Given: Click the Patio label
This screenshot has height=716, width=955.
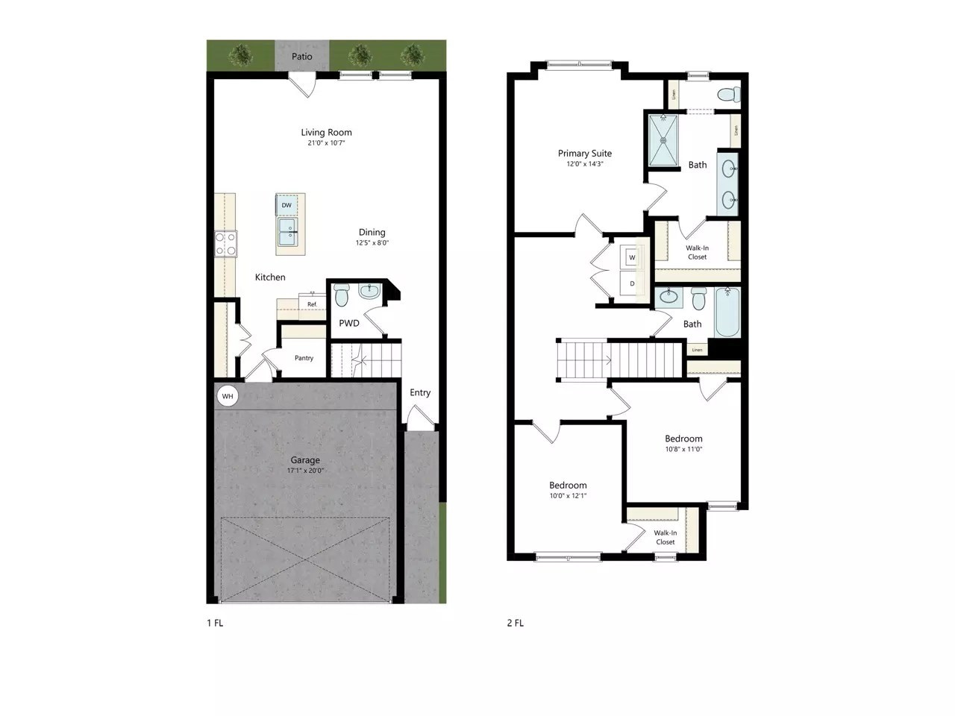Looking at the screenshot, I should [x=302, y=57].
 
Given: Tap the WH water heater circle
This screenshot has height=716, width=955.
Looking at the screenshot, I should [x=228, y=396].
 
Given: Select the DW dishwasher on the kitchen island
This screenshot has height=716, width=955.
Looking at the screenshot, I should [x=287, y=204].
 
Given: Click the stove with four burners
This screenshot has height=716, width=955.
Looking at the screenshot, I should [x=226, y=243].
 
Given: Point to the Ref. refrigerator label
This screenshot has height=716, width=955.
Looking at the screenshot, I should [x=313, y=304].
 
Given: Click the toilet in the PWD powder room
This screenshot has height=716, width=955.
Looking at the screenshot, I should [x=342, y=296].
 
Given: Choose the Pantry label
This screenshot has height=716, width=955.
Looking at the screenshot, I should [x=304, y=358].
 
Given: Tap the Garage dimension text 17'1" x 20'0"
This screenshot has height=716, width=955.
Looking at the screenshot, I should [x=305, y=471].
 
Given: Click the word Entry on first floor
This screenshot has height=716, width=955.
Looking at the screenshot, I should [x=420, y=392].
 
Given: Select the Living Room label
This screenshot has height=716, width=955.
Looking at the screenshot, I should [x=327, y=132].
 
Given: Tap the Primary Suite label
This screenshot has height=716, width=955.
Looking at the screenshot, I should [x=585, y=153].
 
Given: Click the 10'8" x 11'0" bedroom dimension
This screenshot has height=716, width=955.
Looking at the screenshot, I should [x=683, y=449].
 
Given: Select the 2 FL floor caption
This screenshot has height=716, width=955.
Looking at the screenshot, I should [x=515, y=623].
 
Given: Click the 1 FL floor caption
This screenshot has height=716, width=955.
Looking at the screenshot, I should [x=215, y=623].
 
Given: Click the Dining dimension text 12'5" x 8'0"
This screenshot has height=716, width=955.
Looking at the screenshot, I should [x=372, y=242].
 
